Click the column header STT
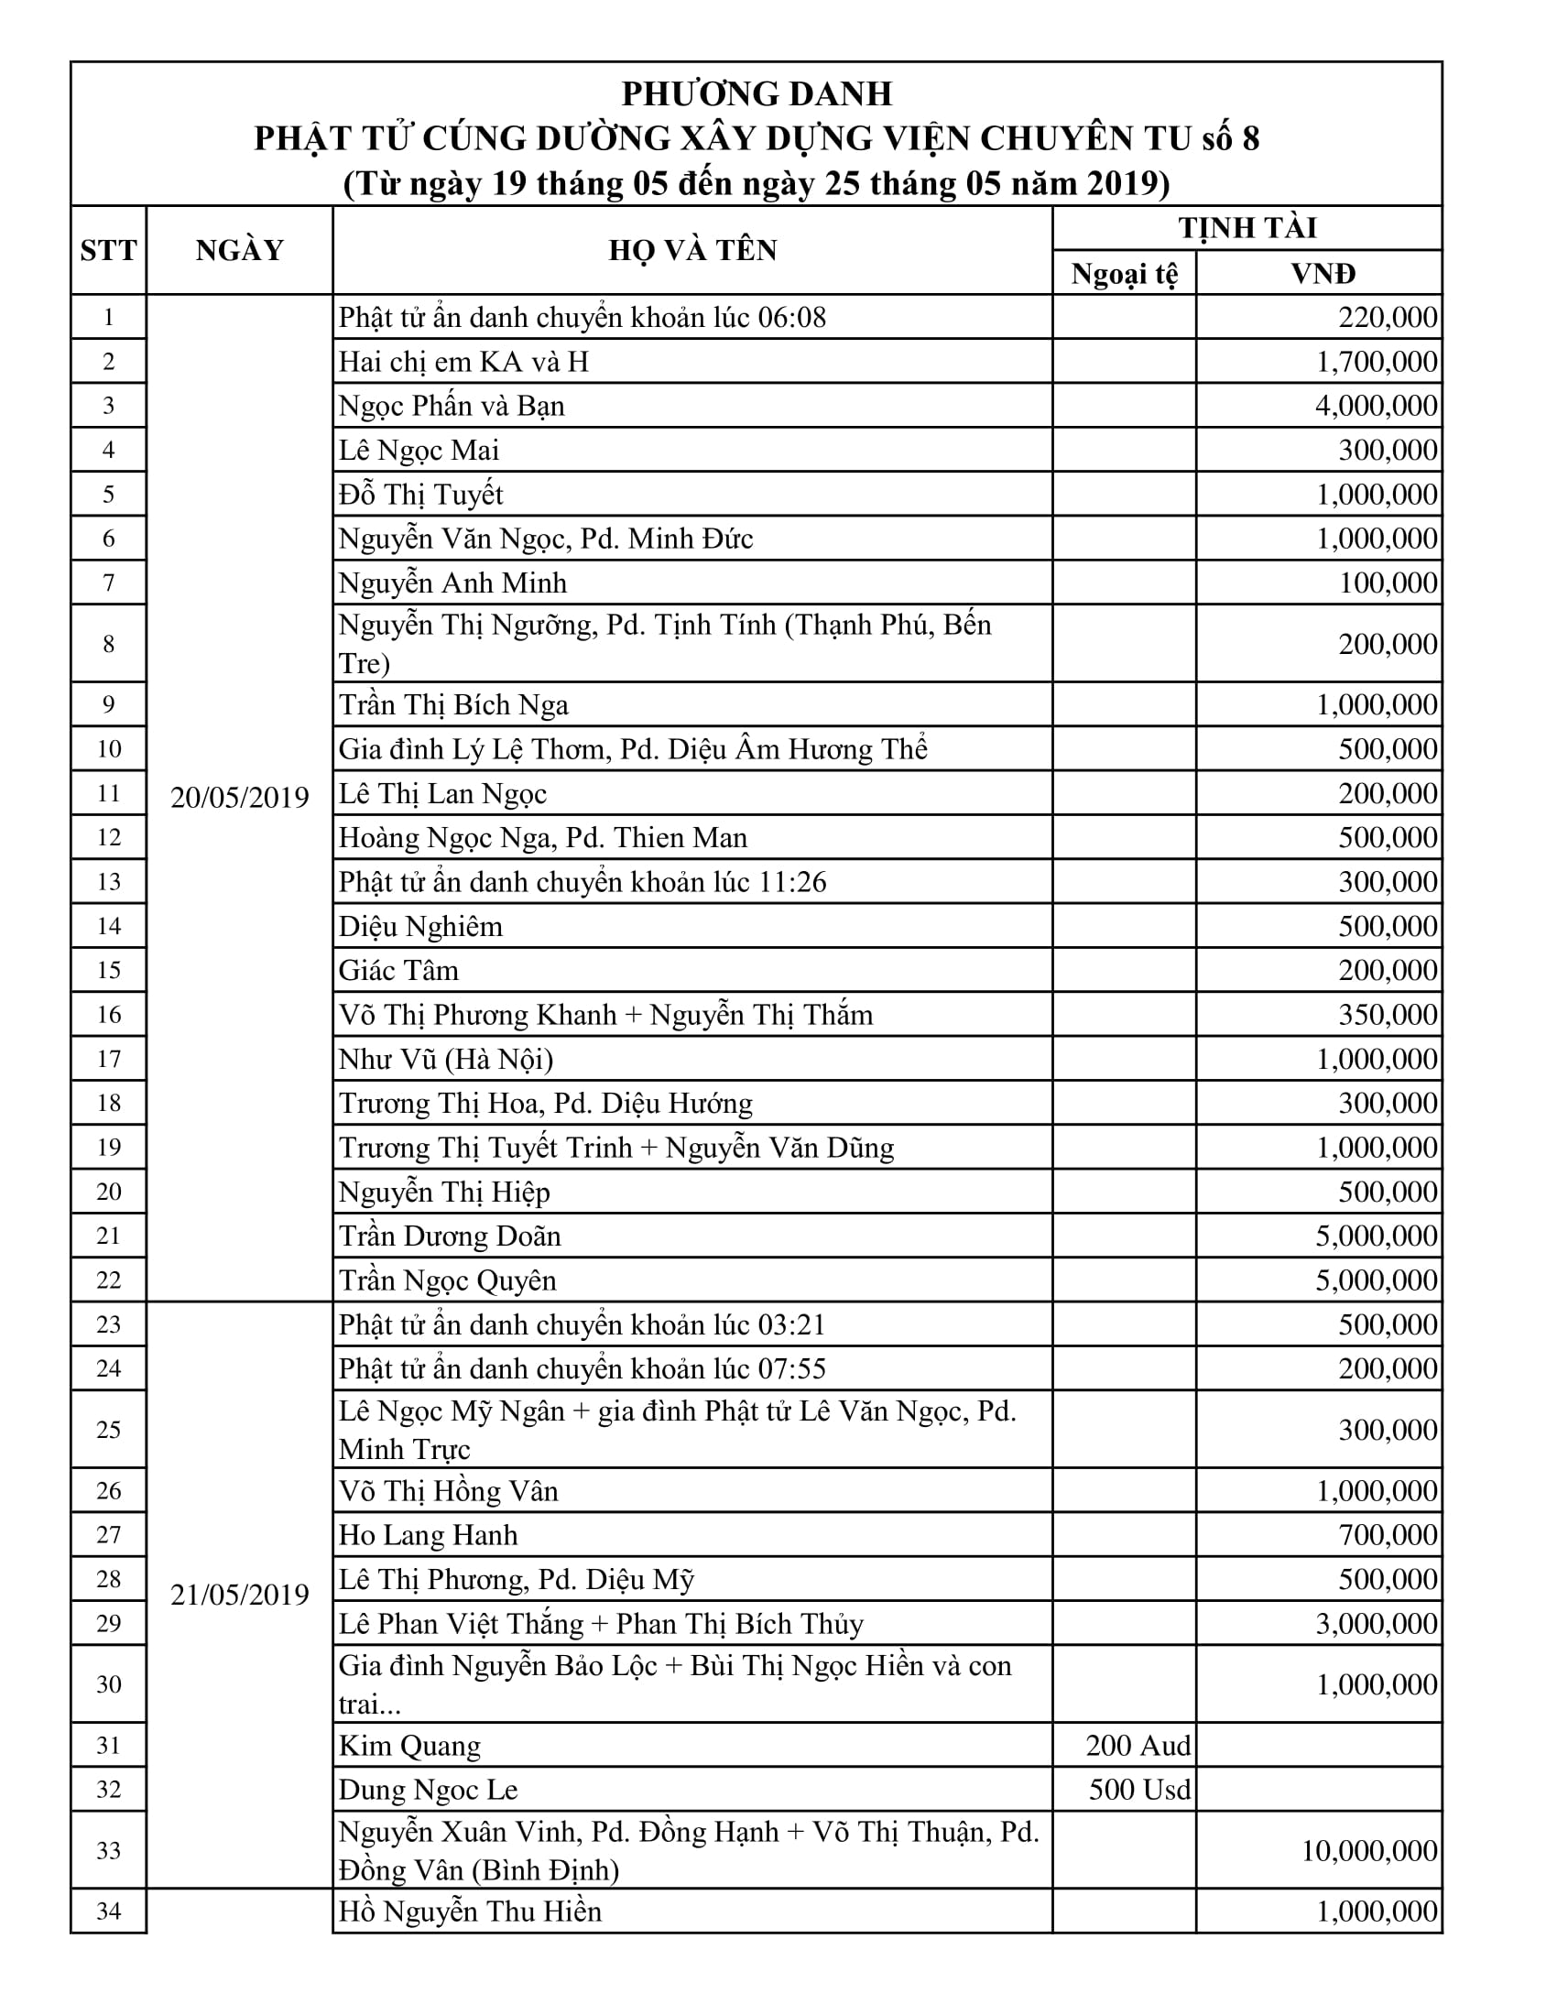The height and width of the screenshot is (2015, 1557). click(108, 250)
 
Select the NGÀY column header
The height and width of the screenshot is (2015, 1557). click(239, 250)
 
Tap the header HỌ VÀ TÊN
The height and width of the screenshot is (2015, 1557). click(692, 250)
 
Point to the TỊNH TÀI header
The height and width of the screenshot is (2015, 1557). click(1247, 228)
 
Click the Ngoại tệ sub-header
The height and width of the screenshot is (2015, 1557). click(1125, 274)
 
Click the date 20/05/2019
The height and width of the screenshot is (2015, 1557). click(240, 797)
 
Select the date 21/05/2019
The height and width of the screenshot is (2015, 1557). click(240, 1595)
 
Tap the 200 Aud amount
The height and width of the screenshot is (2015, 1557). click(1138, 1745)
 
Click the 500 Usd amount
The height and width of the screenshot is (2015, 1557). click(1139, 1789)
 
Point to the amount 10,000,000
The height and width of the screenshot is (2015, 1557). click(1369, 1850)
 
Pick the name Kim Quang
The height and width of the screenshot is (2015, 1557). click(409, 1746)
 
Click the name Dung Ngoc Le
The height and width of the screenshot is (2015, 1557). click(428, 1790)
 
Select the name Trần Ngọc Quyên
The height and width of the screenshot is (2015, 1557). click(447, 1280)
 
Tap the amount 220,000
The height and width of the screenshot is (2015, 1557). click(1388, 318)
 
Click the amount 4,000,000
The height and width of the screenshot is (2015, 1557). click(1377, 406)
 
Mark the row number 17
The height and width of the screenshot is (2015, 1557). click(108, 1059)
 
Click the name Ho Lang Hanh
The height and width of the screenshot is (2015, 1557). click(428, 1535)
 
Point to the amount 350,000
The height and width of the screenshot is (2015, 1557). click(1388, 1015)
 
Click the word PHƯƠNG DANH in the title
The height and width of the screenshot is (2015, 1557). click(757, 94)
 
